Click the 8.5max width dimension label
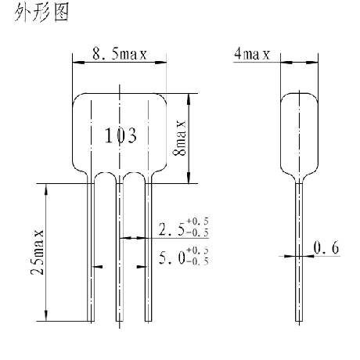click(x=120, y=54)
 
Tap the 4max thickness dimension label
click(x=252, y=54)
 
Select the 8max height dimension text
click(x=180, y=138)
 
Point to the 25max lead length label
click(x=38, y=252)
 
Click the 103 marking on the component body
click(x=121, y=135)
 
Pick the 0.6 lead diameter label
click(x=326, y=247)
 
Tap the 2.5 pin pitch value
click(x=171, y=229)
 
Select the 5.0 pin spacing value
click(x=172, y=257)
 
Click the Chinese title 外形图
click(x=41, y=13)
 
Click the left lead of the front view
click(x=91, y=252)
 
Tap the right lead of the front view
click(x=148, y=252)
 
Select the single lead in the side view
click(x=299, y=252)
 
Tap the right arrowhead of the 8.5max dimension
click(x=160, y=63)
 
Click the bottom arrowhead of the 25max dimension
click(x=46, y=315)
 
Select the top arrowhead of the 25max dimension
click(x=46, y=189)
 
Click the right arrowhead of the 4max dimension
click(x=312, y=63)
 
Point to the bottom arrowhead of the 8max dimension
click(x=189, y=178)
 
